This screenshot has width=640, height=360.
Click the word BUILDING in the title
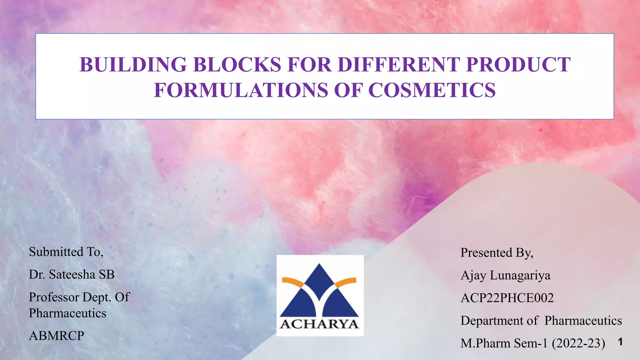pos(133,65)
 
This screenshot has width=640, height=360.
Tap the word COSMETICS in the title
pos(432,90)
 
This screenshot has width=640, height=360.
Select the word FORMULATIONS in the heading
pos(241,90)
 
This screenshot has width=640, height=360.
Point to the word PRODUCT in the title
pos(518,65)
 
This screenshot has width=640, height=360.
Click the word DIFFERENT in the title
pos(399,65)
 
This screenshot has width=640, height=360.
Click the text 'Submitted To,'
pos(66,252)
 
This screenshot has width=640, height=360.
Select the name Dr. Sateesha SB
pos(72,275)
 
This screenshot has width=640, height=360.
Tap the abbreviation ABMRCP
pos(56,336)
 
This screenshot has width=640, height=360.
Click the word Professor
pos(54,297)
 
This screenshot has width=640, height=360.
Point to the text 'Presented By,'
pos(497,253)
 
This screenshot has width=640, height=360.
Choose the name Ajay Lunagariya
pos(505,276)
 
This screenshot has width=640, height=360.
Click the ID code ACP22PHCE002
pos(507,298)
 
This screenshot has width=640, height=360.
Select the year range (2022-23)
pos(578,343)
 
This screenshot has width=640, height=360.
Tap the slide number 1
pos(620,342)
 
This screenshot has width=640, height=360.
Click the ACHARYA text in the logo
pos(319,324)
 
